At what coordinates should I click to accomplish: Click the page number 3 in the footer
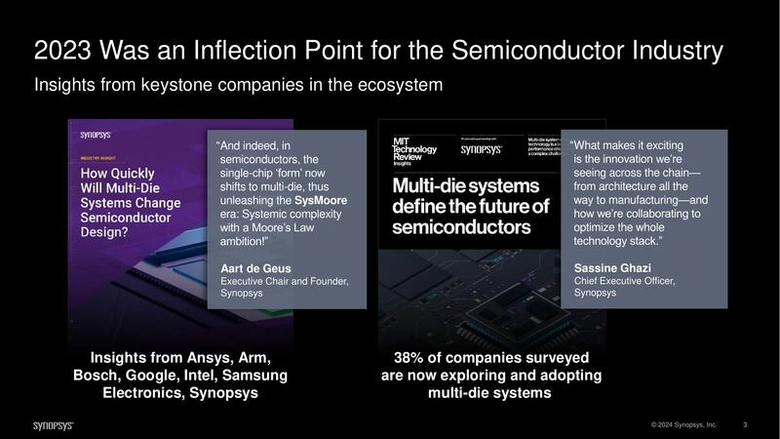pyautogui.click(x=745, y=424)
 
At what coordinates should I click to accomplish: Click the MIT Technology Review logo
pyautogui.click(x=409, y=151)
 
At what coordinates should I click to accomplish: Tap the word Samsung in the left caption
pyautogui.click(x=254, y=375)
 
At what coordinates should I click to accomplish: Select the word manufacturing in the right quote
pyautogui.click(x=643, y=200)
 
